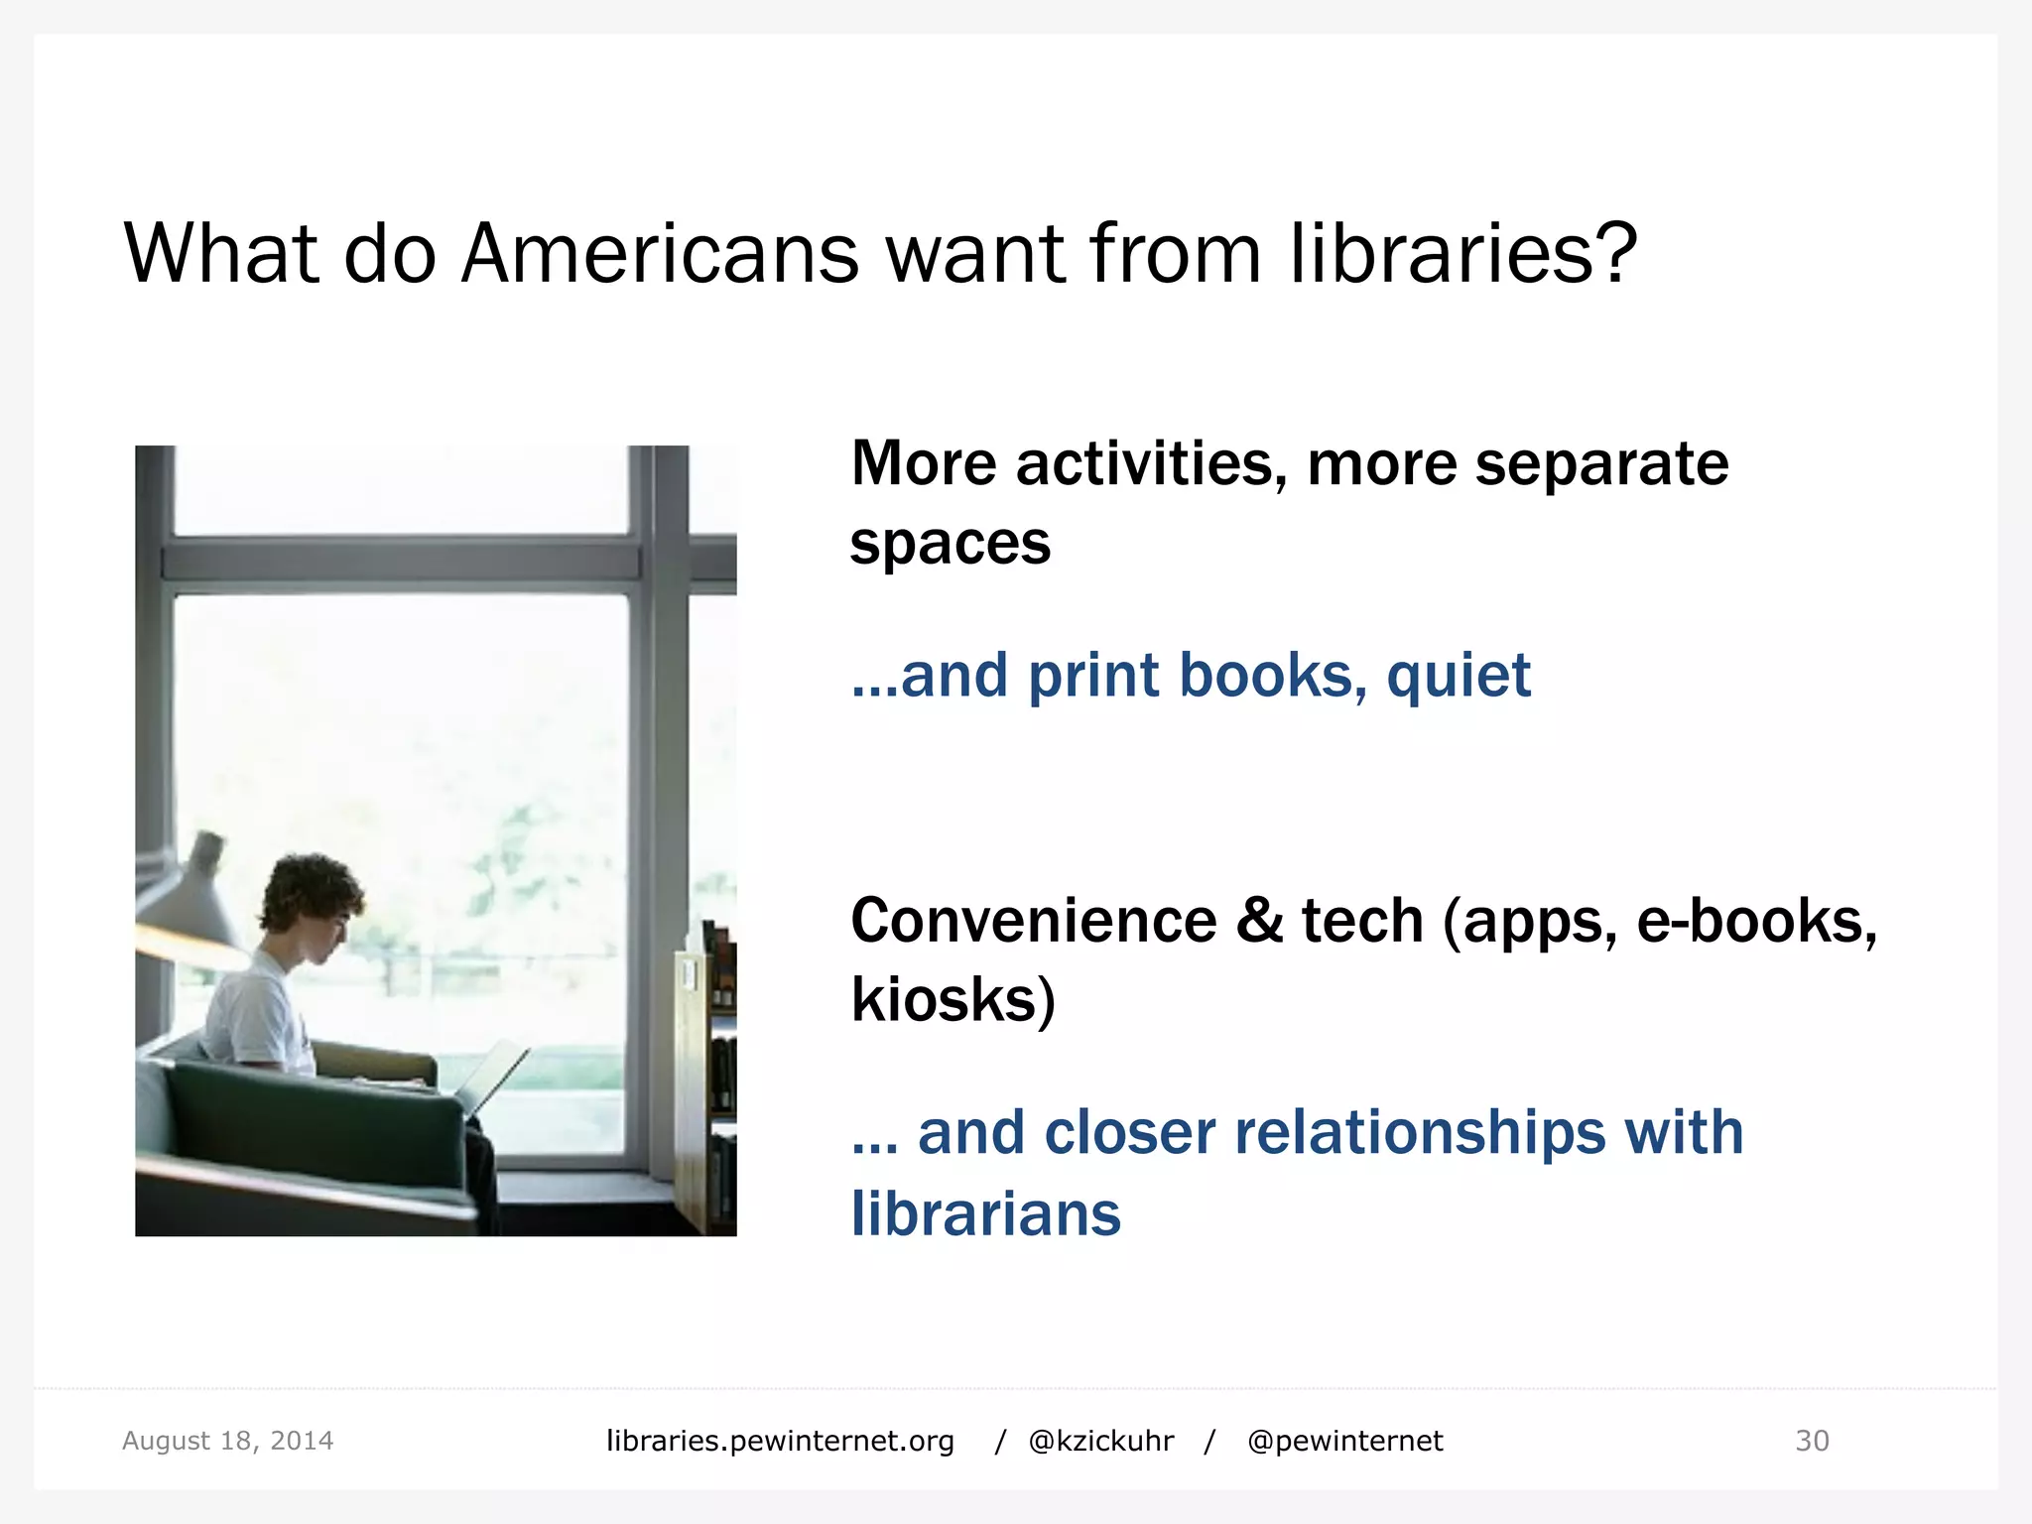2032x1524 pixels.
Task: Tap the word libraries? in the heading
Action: (1463, 254)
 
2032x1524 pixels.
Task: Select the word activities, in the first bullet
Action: (1151, 463)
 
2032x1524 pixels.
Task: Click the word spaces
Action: (950, 545)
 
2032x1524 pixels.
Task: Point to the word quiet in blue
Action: (1458, 677)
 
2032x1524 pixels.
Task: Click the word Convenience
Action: (1033, 921)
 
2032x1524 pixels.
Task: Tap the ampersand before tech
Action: (1259, 921)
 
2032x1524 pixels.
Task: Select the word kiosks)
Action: (952, 1000)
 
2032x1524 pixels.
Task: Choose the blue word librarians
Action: (985, 1213)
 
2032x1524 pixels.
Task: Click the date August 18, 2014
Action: (227, 1441)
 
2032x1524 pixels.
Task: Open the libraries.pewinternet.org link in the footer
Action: (780, 1441)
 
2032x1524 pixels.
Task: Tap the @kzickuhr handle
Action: (1100, 1441)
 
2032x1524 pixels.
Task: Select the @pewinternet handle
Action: (1344, 1441)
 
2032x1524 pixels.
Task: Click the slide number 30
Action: (1812, 1441)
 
